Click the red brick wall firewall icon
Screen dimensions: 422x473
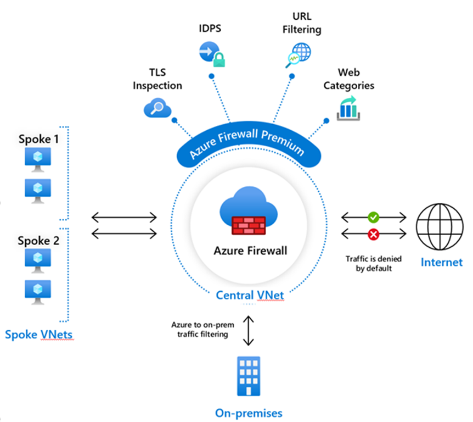point(249,226)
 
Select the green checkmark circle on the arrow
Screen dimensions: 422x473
point(374,218)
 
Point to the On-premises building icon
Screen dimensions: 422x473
point(248,376)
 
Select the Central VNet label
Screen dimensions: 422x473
point(250,295)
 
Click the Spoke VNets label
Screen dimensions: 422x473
point(38,334)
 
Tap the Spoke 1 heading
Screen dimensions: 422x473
point(38,139)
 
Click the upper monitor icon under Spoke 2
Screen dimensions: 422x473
point(38,259)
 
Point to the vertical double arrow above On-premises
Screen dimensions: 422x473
point(249,330)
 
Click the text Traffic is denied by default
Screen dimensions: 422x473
point(369,264)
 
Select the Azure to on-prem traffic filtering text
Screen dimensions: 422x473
point(201,329)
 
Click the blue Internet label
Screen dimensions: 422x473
point(441,262)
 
